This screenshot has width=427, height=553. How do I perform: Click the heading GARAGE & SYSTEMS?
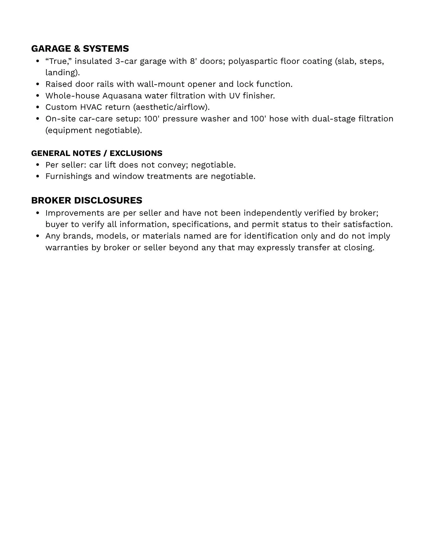tap(80, 49)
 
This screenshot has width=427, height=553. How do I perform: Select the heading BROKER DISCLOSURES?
tap(87, 200)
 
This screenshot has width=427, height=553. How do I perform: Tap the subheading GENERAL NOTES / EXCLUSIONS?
tap(97, 153)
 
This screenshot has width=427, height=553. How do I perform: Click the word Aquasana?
tap(122, 96)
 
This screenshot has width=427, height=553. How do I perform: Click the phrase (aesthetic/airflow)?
tap(171, 107)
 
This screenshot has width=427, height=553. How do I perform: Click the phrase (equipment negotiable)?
tap(94, 130)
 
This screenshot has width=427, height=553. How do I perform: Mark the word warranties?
tap(67, 247)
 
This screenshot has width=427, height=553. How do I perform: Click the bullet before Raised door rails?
tap(38, 84)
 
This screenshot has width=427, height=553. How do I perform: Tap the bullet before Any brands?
tap(38, 236)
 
